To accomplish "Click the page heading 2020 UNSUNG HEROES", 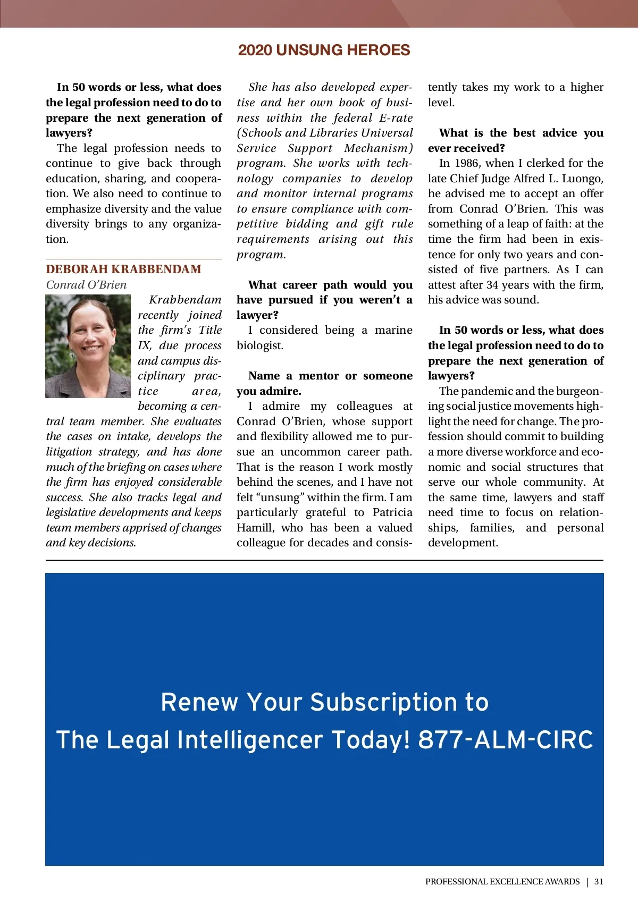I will [324, 50].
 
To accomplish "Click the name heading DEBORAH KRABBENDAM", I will [123, 269].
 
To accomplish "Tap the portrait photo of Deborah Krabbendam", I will [88, 346].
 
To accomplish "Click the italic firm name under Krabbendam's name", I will [86, 285].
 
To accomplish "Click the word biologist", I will [259, 345].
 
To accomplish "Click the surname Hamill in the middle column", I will [255, 528].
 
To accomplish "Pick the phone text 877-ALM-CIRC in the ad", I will [505, 739].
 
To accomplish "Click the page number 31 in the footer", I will [599, 881].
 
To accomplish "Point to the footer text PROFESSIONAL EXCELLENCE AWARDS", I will [502, 881].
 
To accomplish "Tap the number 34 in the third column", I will [492, 285].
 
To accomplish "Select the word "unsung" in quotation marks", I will [282, 497].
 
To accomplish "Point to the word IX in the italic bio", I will [144, 345].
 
